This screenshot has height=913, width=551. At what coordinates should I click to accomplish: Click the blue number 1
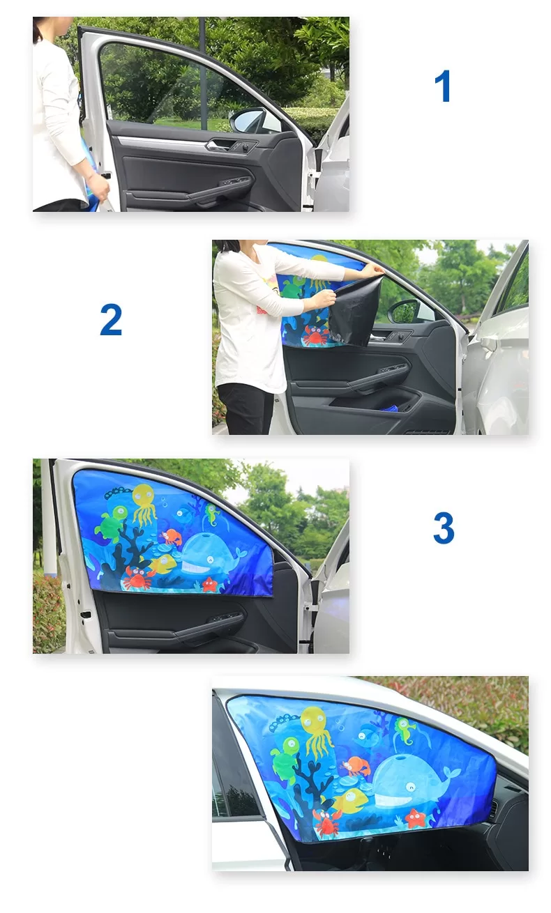tap(443, 87)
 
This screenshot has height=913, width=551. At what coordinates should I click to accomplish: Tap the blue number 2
tap(111, 320)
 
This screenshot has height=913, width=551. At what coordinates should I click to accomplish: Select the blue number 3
tap(443, 529)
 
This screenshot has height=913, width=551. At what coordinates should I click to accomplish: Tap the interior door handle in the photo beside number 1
tap(217, 146)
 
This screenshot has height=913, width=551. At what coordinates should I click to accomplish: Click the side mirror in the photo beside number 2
tap(404, 311)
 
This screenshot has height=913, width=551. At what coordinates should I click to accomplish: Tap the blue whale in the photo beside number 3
tap(209, 555)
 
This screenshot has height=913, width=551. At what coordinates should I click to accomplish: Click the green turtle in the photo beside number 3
tap(112, 524)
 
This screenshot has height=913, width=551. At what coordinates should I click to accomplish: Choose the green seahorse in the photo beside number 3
tap(211, 514)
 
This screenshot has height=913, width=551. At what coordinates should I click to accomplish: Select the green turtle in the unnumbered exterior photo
tap(285, 762)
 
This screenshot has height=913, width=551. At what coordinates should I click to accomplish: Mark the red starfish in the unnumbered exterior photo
tap(416, 818)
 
